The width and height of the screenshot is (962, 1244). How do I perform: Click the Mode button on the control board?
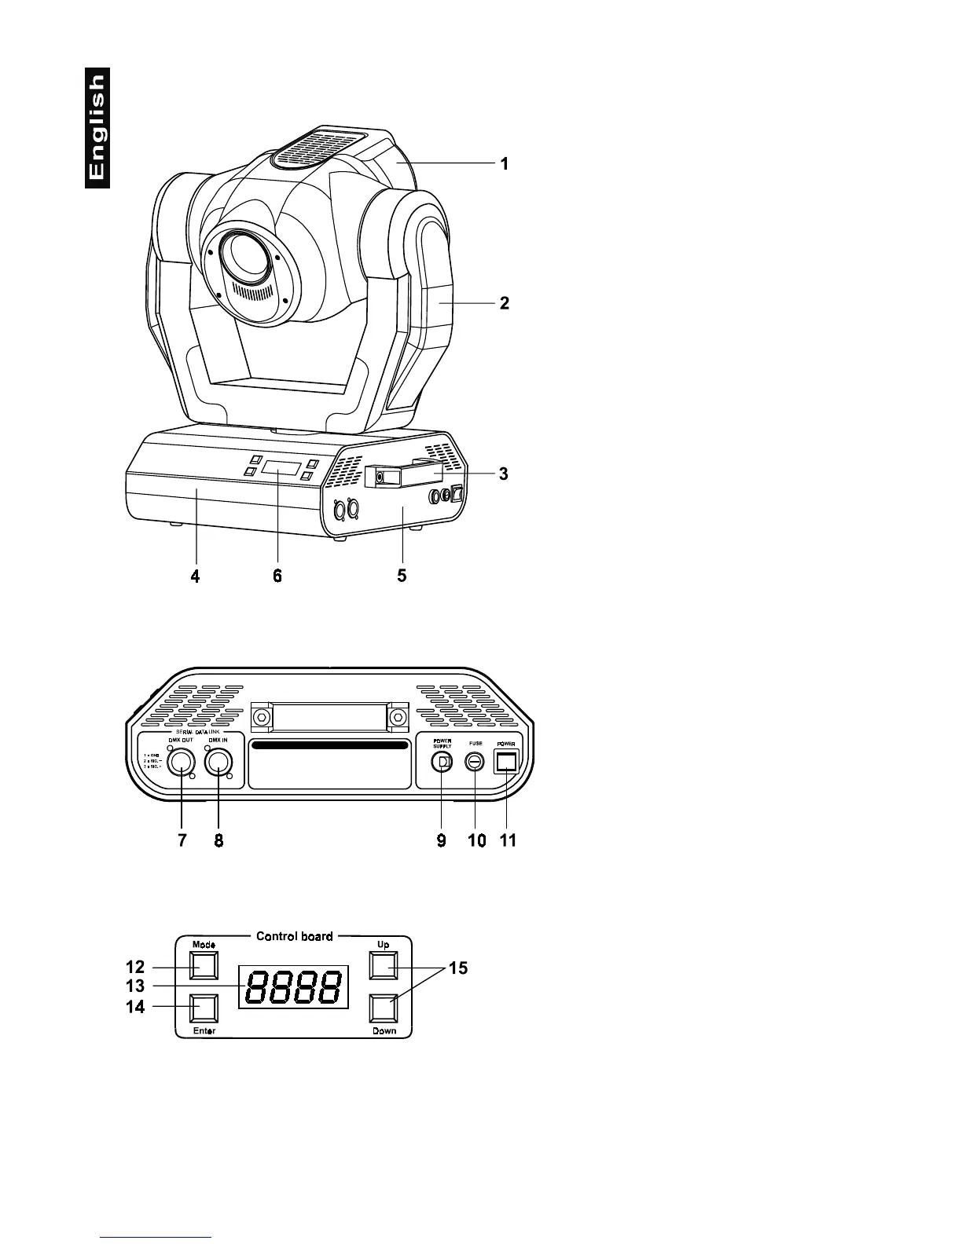[x=204, y=965]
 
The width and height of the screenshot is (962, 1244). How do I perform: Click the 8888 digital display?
[x=294, y=986]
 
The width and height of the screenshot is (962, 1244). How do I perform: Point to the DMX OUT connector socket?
[x=181, y=761]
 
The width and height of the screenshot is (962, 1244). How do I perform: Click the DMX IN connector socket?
[x=219, y=761]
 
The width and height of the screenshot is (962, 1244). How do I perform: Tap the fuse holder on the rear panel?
[x=475, y=761]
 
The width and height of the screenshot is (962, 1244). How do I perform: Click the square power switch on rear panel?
[x=506, y=760]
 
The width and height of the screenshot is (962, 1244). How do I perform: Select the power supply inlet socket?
[x=442, y=761]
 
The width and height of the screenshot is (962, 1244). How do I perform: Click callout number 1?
[x=505, y=163]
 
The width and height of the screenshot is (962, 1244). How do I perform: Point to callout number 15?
[x=457, y=968]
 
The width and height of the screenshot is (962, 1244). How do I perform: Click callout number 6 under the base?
[x=277, y=576]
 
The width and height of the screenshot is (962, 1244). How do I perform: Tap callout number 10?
[x=476, y=840]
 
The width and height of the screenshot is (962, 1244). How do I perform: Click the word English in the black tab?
[x=97, y=127]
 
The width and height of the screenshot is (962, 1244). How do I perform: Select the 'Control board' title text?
[x=295, y=936]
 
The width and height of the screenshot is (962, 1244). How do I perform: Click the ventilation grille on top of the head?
[x=318, y=148]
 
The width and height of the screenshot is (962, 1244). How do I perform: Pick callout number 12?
[x=135, y=968]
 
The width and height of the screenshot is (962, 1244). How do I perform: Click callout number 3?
[x=504, y=474]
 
